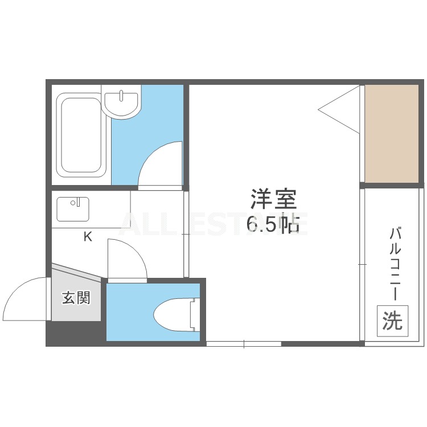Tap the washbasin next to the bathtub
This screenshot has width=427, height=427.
click(x=121, y=104)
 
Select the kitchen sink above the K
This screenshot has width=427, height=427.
click(x=72, y=209)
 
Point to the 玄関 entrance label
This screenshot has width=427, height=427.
click(x=76, y=298)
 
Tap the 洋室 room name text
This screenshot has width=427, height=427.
click(x=273, y=200)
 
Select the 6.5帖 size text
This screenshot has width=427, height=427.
click(x=273, y=225)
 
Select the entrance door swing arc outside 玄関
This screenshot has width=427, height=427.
click(x=26, y=297)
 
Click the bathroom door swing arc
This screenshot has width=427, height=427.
click(x=159, y=165)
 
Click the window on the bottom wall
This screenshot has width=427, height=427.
click(x=244, y=344)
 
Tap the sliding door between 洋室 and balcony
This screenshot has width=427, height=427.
click(x=362, y=265)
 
